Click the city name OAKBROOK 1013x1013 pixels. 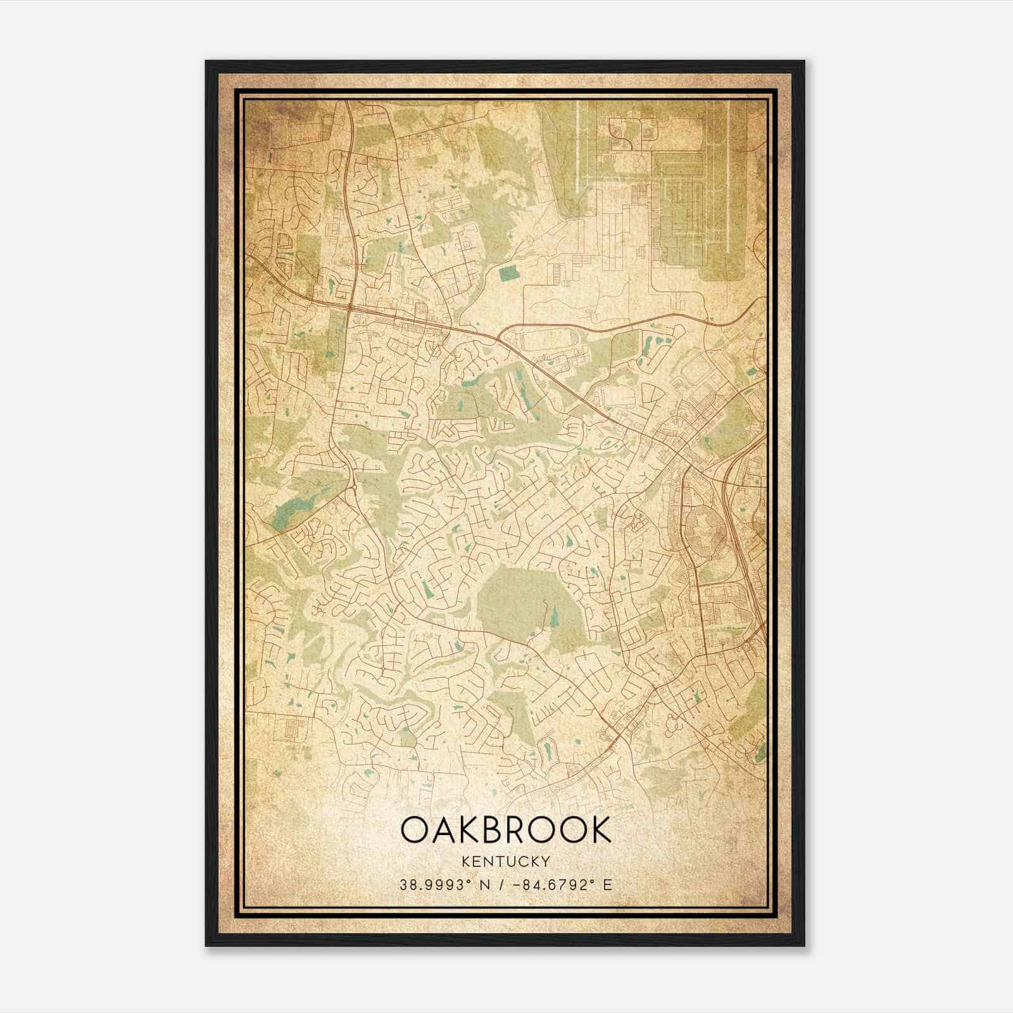click(x=506, y=829)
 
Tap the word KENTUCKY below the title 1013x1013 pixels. click(x=506, y=861)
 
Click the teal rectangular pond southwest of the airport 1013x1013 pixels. click(x=508, y=274)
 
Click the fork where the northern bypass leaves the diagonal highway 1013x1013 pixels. click(x=500, y=336)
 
